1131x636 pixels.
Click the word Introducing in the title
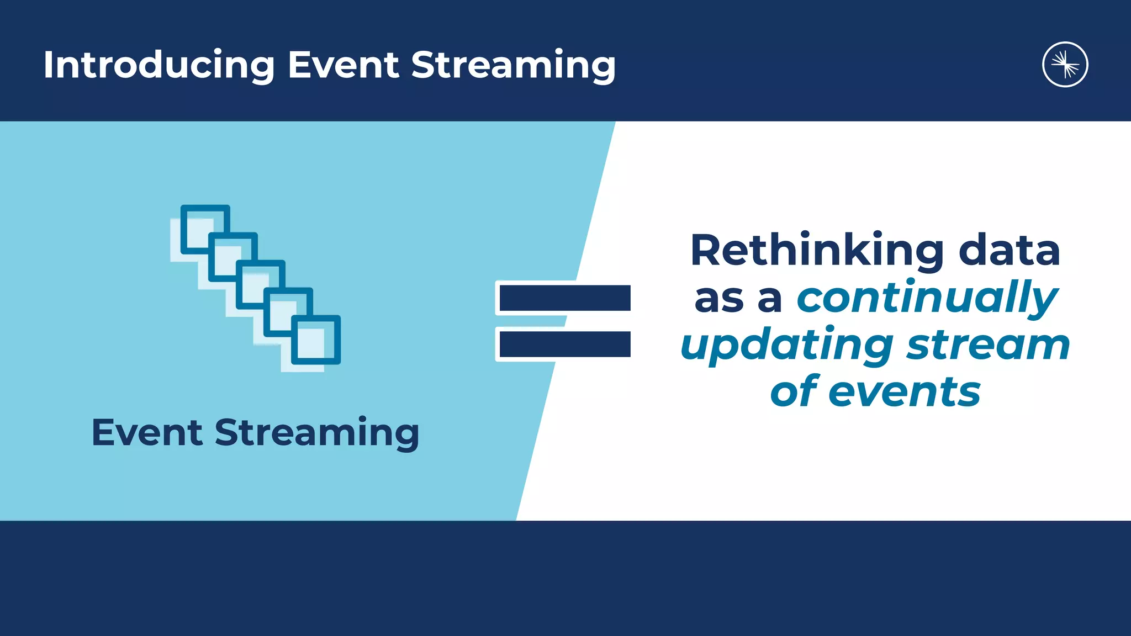pos(159,65)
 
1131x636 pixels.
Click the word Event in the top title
pos(343,65)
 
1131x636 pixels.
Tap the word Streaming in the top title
pos(513,65)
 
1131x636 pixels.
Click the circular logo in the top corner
pos(1065,65)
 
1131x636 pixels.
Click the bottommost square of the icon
pos(316,340)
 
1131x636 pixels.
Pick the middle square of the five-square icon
pos(261,284)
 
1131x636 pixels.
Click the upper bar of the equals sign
pos(564,298)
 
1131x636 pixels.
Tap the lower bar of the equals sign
pos(564,344)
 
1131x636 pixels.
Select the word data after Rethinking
pos(1009,251)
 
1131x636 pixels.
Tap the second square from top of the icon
pos(232,257)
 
